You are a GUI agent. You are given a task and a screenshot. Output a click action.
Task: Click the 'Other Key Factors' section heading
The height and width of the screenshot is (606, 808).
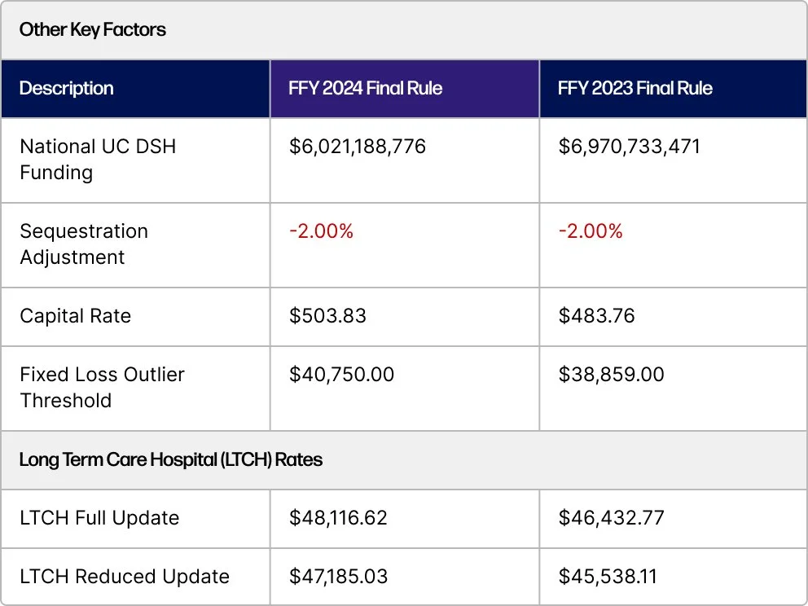tap(92, 30)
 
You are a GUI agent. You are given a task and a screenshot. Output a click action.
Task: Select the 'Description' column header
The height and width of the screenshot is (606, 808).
tap(66, 88)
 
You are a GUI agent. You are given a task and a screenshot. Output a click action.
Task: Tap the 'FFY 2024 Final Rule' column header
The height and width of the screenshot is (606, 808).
tap(365, 88)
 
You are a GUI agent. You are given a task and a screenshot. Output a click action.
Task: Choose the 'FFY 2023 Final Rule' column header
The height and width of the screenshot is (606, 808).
tap(635, 88)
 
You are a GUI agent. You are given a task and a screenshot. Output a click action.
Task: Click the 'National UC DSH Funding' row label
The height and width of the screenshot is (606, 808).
tap(98, 160)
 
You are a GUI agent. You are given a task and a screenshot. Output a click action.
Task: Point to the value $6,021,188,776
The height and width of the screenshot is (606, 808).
tap(358, 147)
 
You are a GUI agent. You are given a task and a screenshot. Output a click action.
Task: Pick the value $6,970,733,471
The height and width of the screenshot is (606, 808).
tap(629, 147)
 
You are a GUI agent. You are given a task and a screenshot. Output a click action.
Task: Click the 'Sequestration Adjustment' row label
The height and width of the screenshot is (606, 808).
tap(84, 244)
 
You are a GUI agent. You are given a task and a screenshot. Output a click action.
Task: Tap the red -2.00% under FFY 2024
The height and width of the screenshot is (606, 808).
tap(321, 231)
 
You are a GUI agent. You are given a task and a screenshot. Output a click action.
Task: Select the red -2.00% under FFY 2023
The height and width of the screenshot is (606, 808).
tap(591, 231)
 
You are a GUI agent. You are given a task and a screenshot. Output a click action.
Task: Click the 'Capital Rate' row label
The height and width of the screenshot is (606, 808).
tap(75, 316)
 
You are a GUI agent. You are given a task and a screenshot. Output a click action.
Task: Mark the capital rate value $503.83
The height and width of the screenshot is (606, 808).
tap(327, 316)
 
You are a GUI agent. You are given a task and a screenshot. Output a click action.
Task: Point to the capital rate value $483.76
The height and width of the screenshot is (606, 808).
tap(597, 316)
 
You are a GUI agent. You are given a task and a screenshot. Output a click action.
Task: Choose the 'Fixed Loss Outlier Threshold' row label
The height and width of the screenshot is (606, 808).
tap(102, 388)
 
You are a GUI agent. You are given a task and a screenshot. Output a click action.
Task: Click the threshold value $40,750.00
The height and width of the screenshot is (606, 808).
tap(341, 375)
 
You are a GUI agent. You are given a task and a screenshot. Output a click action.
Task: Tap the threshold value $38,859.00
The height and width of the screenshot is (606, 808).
tap(611, 375)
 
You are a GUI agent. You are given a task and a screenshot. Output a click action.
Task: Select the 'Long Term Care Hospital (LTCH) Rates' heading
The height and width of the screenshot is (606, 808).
tap(170, 459)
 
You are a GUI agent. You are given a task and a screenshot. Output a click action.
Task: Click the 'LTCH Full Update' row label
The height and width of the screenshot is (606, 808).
tap(99, 518)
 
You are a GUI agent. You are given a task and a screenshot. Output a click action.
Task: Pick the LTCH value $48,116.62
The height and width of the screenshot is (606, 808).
tap(338, 518)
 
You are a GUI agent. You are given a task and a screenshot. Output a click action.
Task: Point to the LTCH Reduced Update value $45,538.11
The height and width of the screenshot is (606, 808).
tap(608, 577)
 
